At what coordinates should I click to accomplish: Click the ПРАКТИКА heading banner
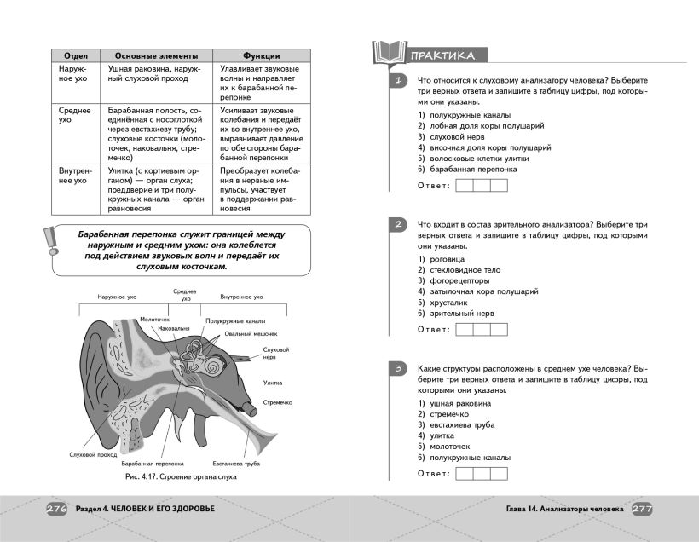[442, 56]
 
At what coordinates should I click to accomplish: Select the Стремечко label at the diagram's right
[279, 401]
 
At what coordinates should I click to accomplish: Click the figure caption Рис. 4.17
[179, 477]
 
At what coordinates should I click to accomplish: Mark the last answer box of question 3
[499, 473]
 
